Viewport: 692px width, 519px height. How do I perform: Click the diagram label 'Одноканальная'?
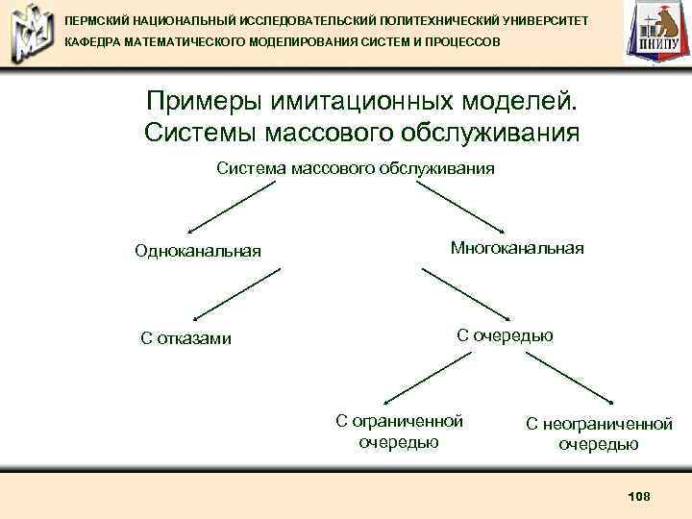point(198,252)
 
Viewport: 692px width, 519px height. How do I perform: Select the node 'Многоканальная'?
point(517,248)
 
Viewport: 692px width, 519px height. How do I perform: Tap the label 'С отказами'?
point(185,337)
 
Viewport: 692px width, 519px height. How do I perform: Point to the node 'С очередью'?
point(505,334)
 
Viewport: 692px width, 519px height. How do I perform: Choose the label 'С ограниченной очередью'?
point(399,432)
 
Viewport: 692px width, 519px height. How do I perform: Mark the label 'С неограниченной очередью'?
point(599,433)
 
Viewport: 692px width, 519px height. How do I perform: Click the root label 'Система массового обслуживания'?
point(356,168)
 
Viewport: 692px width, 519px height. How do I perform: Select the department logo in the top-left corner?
point(28,33)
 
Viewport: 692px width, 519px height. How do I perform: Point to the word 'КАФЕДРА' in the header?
point(92,43)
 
